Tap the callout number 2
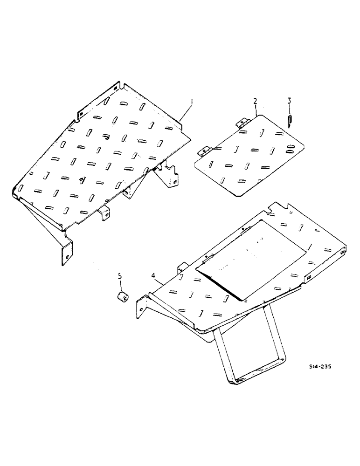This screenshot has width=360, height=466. click(255, 101)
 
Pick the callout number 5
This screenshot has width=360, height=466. click(120, 276)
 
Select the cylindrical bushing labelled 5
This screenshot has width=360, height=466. click(123, 297)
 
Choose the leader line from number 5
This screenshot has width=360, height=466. click(121, 286)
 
